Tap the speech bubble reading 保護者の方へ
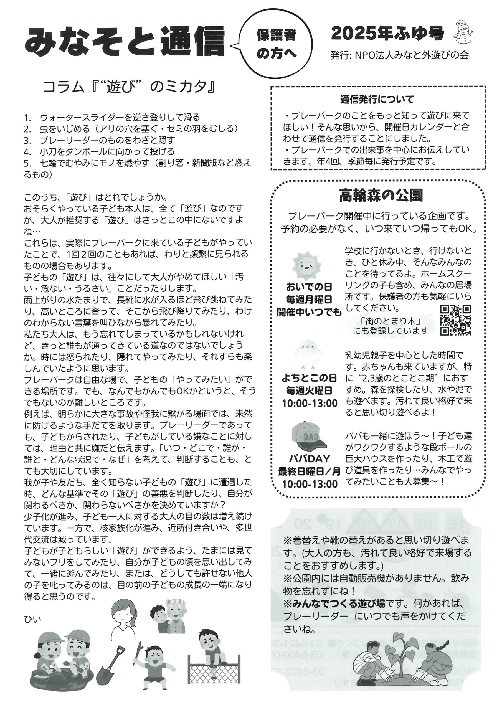coord(276,44)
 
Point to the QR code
coord(456,320)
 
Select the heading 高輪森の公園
coord(381,195)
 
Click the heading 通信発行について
coord(377,100)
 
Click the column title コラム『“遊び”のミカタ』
coord(128,87)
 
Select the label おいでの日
coord(309,287)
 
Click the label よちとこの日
coord(309,378)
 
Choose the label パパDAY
coord(310,459)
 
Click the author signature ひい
coord(32,619)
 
